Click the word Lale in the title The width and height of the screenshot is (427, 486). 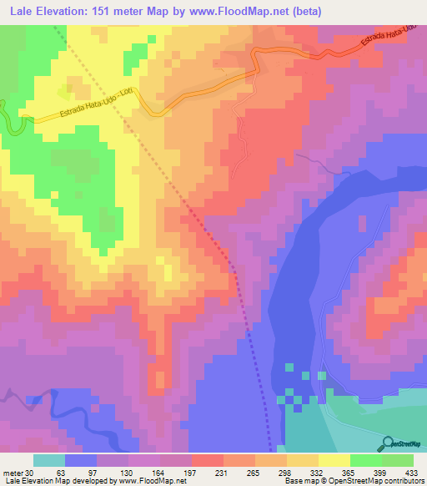click(x=24, y=12)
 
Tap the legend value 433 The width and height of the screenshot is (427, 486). click(x=409, y=472)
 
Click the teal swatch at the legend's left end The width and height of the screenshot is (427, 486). click(x=49, y=460)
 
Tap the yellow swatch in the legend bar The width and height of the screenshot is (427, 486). click(x=334, y=460)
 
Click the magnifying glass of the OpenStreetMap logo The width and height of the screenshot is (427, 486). click(x=387, y=443)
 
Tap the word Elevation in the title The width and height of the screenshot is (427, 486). click(x=71, y=12)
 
